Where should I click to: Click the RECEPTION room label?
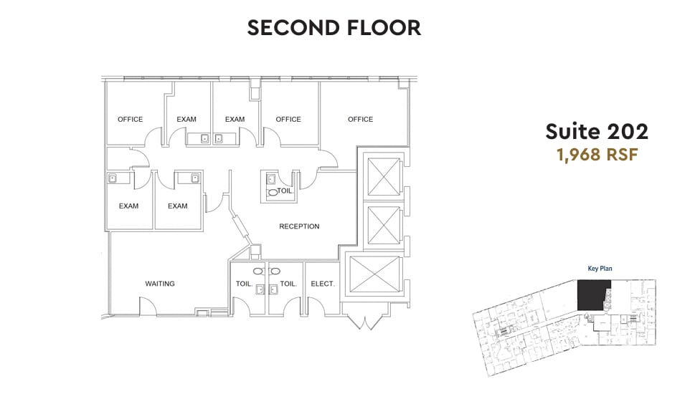point(299,226)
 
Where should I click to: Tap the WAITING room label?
point(160,284)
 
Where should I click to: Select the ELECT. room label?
point(323,284)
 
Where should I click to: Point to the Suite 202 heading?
point(597,131)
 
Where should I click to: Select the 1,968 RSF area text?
point(597,155)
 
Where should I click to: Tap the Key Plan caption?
point(600,269)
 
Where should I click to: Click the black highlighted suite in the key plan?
point(592,294)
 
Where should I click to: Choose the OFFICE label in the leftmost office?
point(131,119)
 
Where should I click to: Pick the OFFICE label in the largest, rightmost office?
point(360,119)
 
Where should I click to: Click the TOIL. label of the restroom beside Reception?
point(284,191)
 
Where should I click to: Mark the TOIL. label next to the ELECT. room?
point(288,284)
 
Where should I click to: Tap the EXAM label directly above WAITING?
point(177,206)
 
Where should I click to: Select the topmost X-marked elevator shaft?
point(382,174)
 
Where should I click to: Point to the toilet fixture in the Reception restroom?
point(273,193)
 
